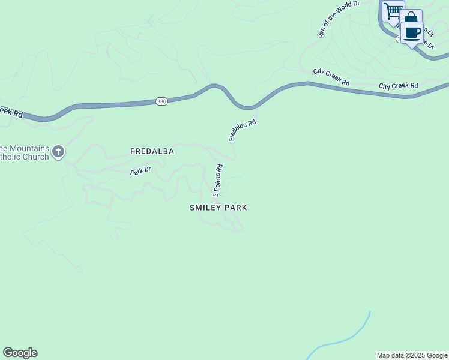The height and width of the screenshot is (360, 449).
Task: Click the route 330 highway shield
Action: point(161,101)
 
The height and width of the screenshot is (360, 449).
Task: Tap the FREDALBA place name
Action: point(152,152)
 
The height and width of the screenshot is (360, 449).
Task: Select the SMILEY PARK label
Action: point(218,208)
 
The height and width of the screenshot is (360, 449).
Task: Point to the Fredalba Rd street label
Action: point(243,130)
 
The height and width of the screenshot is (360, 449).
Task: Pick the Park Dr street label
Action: point(140,171)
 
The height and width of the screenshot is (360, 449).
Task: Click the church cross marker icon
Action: point(58,151)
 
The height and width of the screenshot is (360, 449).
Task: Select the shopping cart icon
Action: point(393,11)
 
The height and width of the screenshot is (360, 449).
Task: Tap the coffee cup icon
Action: point(412,32)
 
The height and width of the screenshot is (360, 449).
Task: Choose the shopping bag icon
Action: point(411,18)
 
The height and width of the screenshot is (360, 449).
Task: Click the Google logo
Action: point(20,353)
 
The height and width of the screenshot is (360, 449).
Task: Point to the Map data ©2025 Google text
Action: point(412,355)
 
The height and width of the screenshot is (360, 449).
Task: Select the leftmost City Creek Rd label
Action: point(331,77)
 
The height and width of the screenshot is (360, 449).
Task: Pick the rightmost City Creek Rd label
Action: point(398,86)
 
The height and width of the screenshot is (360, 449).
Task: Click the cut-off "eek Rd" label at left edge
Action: point(11,112)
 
